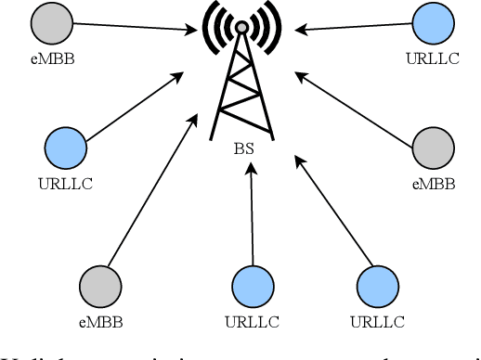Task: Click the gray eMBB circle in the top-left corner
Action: pyautogui.click(x=49, y=25)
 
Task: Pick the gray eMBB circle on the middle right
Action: pyautogui.click(x=434, y=148)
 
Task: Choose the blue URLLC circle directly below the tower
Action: pyautogui.click(x=251, y=287)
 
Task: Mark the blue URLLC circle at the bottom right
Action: pyautogui.click(x=377, y=287)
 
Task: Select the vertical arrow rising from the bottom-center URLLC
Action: pyautogui.click(x=251, y=223)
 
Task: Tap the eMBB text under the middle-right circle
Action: pyautogui.click(x=434, y=183)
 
